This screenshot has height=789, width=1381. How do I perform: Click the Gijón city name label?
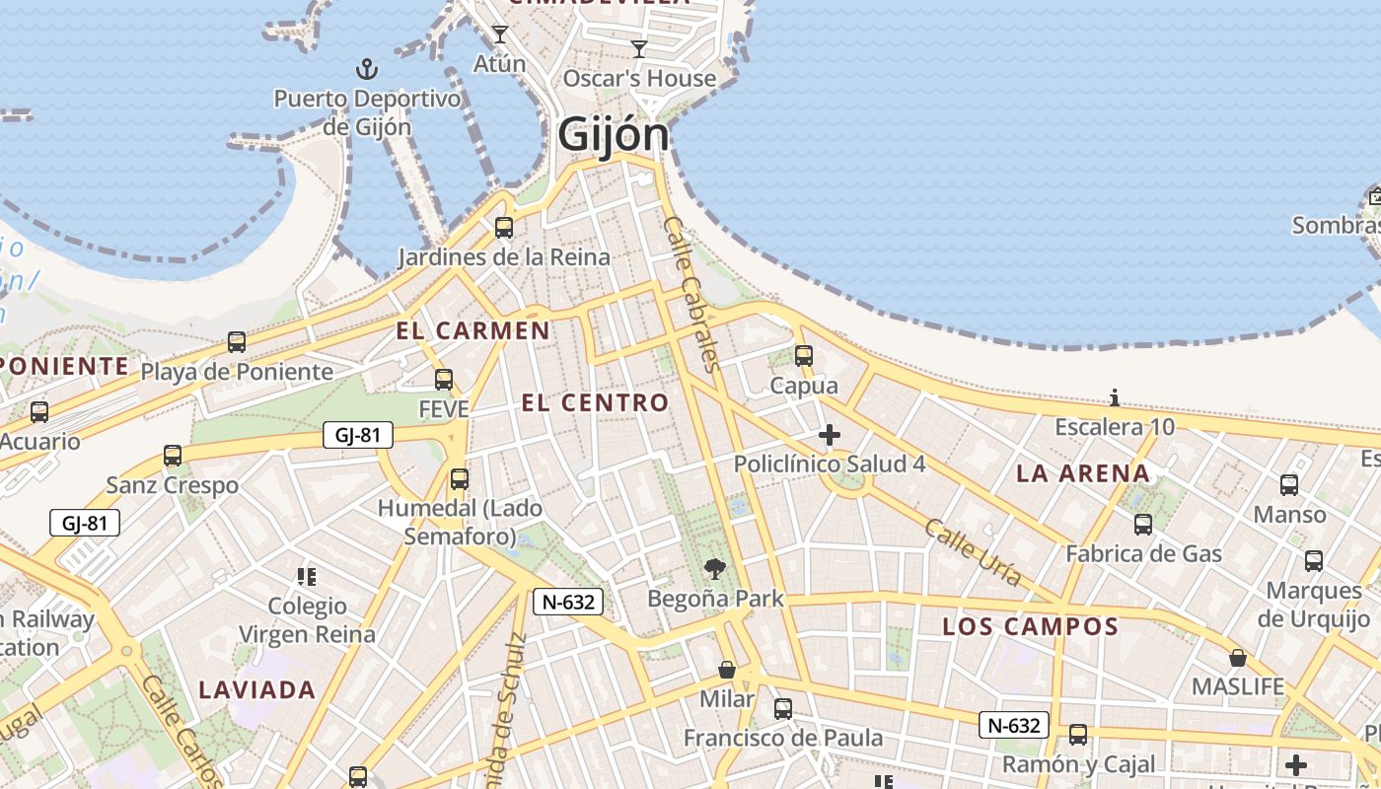pyautogui.click(x=614, y=135)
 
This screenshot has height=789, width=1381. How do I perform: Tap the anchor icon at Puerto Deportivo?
pyautogui.click(x=367, y=69)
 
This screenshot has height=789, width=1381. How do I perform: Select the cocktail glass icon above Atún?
pyautogui.click(x=500, y=35)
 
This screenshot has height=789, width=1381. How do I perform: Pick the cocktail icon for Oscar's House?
pyautogui.click(x=639, y=48)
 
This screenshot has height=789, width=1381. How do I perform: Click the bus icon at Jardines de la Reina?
pyautogui.click(x=504, y=228)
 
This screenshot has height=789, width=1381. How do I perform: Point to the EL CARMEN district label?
pyautogui.click(x=473, y=330)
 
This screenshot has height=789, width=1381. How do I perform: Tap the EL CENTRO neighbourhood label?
pyautogui.click(x=595, y=402)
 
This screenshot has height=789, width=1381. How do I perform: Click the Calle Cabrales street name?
pyautogui.click(x=694, y=293)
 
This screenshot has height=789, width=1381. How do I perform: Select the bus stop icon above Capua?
pyautogui.click(x=804, y=356)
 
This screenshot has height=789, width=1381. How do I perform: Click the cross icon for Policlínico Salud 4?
pyautogui.click(x=830, y=434)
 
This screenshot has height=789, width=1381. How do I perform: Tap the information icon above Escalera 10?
pyautogui.click(x=1115, y=397)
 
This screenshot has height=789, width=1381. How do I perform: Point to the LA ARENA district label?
pyautogui.click(x=1083, y=473)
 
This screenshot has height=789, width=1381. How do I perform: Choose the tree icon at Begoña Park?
pyautogui.click(x=715, y=568)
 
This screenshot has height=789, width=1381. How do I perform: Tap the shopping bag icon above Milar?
pyautogui.click(x=727, y=670)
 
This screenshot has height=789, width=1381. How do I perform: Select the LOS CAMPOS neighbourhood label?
pyautogui.click(x=1031, y=626)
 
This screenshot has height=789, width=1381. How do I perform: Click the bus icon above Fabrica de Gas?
pyautogui.click(x=1143, y=524)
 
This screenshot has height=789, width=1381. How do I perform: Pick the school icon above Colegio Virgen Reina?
pyautogui.click(x=307, y=576)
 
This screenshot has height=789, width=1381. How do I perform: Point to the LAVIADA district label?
pyautogui.click(x=257, y=689)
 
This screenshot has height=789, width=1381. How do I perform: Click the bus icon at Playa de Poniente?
pyautogui.click(x=237, y=342)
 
